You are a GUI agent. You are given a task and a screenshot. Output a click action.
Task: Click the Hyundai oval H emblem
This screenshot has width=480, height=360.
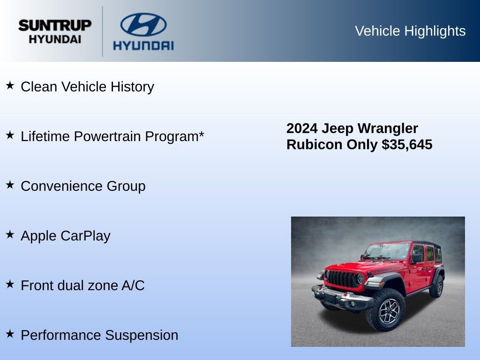(143, 24)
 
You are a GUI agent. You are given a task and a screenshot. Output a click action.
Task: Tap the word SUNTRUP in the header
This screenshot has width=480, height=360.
(55, 25)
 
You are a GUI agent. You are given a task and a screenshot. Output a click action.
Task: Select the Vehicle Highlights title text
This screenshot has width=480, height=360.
(410, 31)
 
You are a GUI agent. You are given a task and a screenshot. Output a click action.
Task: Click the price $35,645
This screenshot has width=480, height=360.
(407, 145)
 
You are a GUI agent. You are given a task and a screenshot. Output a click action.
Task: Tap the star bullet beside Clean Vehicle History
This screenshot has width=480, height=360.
(10, 86)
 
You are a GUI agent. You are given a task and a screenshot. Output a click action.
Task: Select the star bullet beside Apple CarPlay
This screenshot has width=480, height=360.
(10, 234)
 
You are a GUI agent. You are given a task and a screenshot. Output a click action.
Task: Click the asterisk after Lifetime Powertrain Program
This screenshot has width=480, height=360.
(201, 135)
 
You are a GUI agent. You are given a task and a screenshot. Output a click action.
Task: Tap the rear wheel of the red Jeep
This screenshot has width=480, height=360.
(437, 285)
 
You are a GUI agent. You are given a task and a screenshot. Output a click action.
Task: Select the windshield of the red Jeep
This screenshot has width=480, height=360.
(388, 251)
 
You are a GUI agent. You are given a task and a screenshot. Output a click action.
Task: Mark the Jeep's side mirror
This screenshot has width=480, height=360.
(416, 258)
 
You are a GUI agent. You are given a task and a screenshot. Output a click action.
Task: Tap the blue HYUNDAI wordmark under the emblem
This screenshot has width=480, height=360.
(143, 45)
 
